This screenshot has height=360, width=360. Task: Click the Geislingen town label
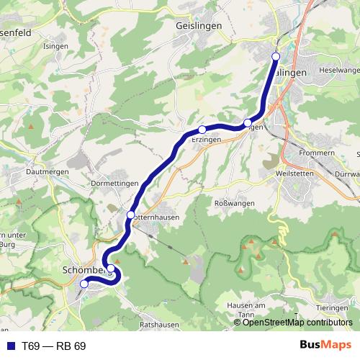tap(199, 25)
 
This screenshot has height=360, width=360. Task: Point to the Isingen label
tap(55, 45)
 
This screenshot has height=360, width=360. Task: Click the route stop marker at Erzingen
tap(202, 130)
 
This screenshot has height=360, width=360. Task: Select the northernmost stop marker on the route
tap(275, 56)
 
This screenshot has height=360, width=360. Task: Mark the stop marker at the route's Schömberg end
tap(84, 284)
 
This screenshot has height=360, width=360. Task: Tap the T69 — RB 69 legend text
tap(53, 346)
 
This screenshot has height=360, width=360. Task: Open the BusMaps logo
tap(325, 346)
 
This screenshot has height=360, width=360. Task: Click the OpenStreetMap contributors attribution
tap(297, 322)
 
